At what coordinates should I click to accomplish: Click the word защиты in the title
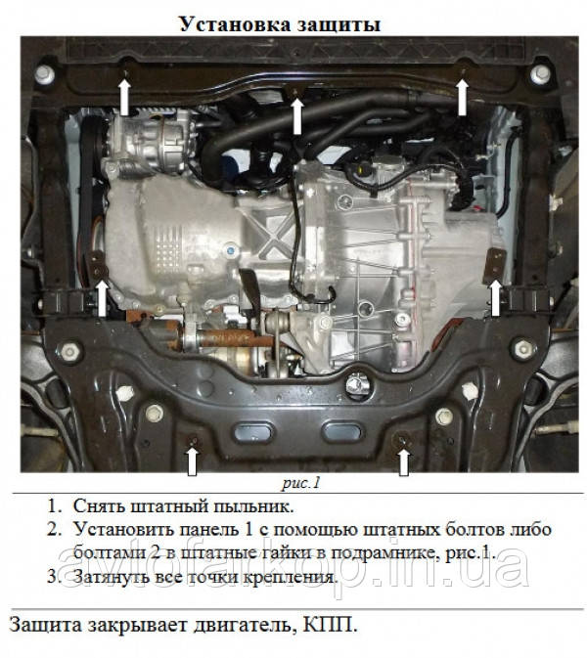(339, 24)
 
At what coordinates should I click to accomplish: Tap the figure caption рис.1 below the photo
(300, 483)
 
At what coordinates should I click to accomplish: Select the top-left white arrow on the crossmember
(124, 98)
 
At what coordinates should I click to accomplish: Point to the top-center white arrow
(297, 116)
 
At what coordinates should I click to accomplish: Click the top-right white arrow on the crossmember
(462, 98)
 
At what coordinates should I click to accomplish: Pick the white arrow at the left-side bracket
(102, 298)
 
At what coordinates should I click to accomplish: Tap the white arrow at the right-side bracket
(495, 298)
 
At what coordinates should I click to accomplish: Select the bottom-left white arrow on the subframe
(192, 461)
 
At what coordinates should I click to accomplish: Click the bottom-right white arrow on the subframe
(403, 462)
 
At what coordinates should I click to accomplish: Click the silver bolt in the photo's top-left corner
(45, 74)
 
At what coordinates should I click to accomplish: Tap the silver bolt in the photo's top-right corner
(540, 74)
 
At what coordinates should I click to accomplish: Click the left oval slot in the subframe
(253, 433)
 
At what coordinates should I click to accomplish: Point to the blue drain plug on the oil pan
(231, 251)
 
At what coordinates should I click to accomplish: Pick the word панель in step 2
(208, 530)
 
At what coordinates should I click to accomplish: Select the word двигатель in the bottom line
(242, 626)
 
